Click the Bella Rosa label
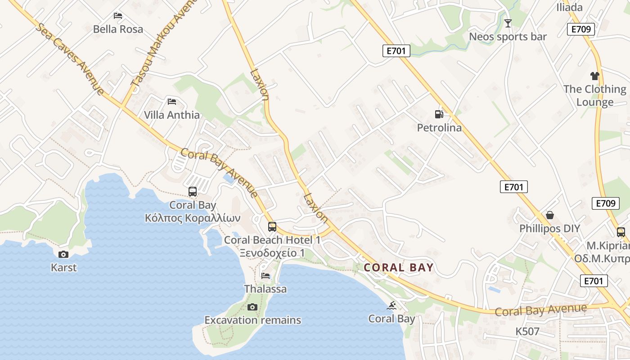point(118,29)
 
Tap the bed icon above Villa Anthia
point(171,101)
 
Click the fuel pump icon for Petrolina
point(439,114)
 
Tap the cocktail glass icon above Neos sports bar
point(508,23)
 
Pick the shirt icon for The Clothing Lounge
point(595,76)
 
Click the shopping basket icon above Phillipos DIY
point(549,215)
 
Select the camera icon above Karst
point(63,254)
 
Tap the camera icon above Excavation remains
point(252,307)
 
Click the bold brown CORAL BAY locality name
point(399,268)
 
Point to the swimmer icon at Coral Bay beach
point(391,306)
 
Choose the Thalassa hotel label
point(265,289)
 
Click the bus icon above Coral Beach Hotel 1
point(272,226)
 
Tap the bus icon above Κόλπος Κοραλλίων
point(193,192)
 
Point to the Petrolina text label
point(439,128)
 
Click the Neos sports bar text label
point(508,37)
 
